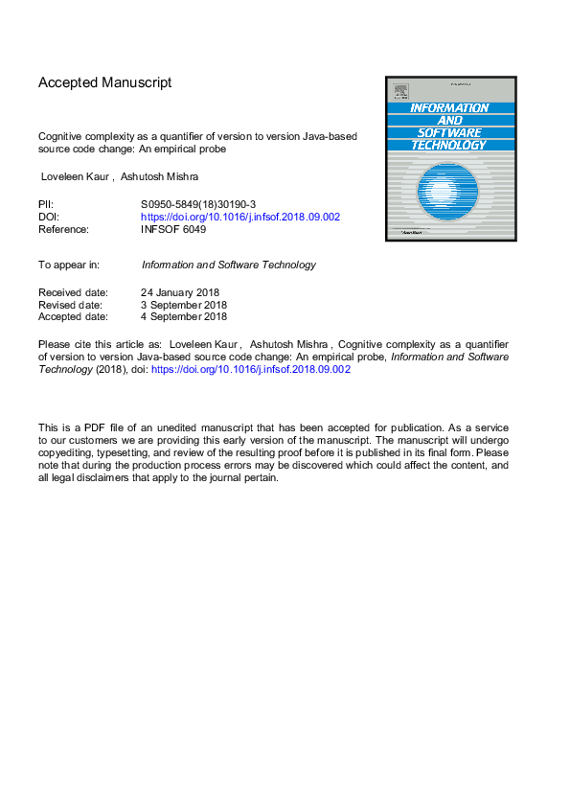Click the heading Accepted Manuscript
(105, 82)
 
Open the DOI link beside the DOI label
(240, 217)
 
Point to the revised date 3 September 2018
(184, 304)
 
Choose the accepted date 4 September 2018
(184, 316)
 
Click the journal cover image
(450, 158)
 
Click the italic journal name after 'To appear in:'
(228, 265)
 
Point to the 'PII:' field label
(46, 204)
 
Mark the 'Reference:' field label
(63, 229)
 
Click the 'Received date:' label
(73, 291)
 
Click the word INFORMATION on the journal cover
(450, 108)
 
